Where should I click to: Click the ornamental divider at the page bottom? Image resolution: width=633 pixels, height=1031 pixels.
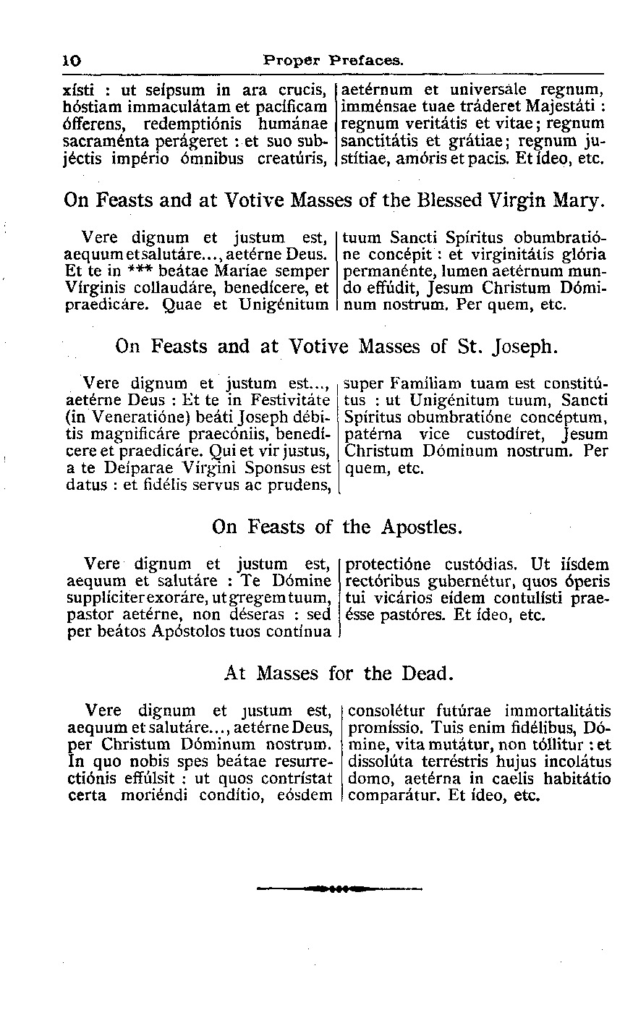pyautogui.click(x=340, y=888)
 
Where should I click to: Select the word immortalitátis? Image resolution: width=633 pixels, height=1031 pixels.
pyautogui.click(x=557, y=710)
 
